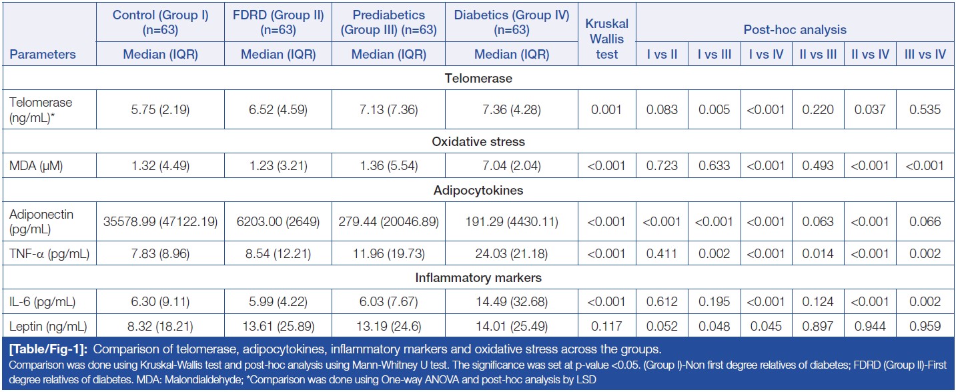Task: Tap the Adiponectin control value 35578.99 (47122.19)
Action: click(160, 221)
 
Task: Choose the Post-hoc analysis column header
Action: click(795, 29)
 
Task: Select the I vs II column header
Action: click(662, 55)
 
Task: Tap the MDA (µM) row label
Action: click(37, 166)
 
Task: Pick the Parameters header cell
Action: click(42, 55)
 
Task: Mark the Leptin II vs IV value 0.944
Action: click(870, 327)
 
